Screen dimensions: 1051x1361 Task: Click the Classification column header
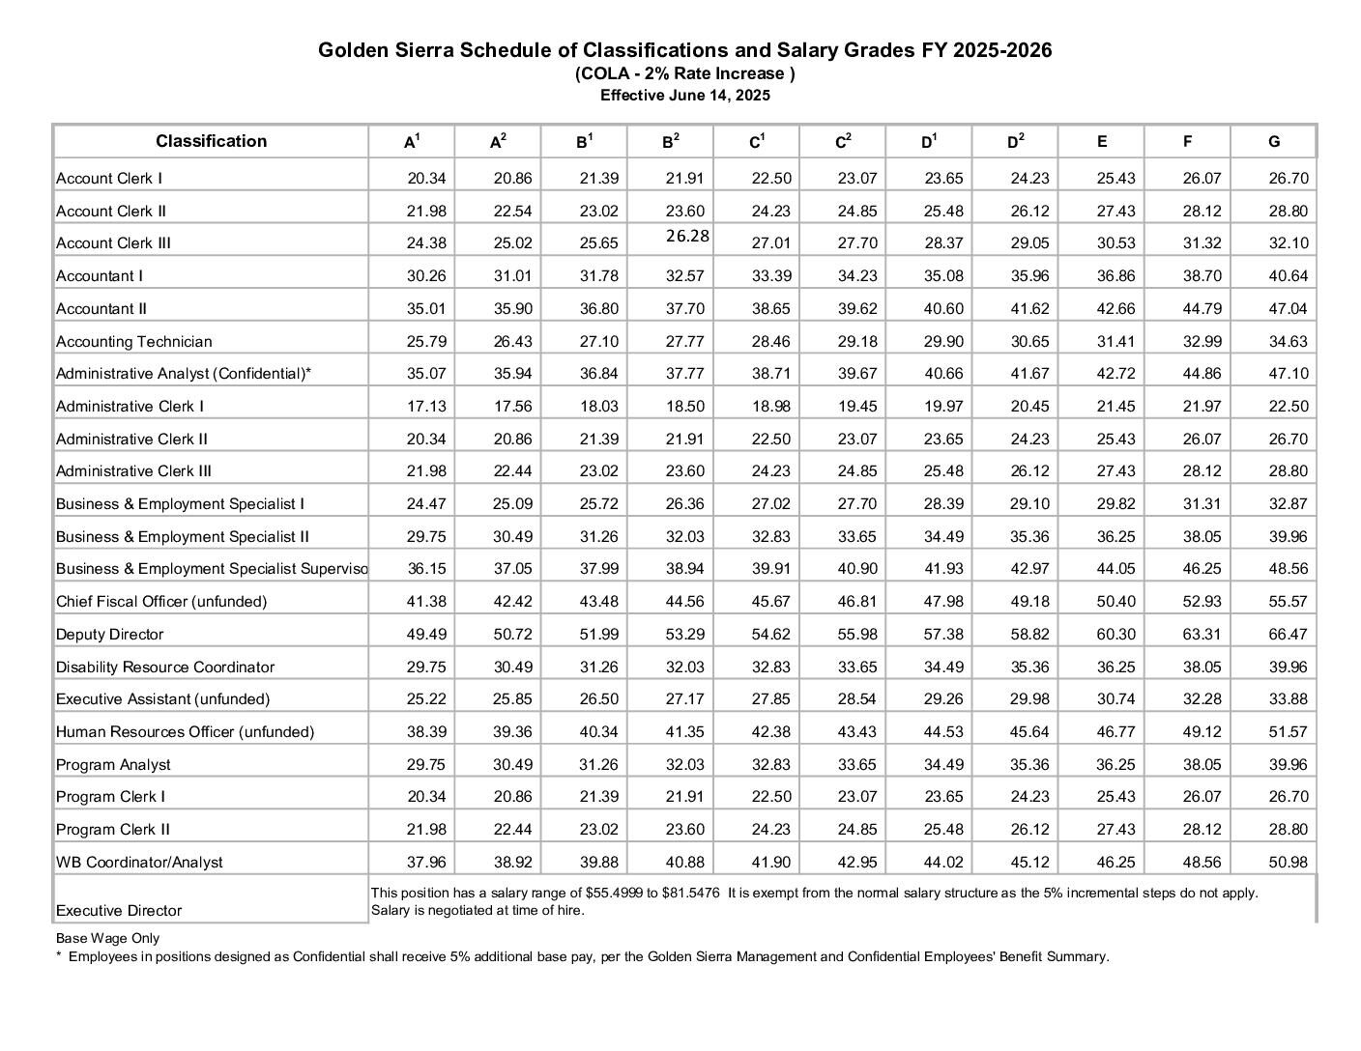pyautogui.click(x=211, y=141)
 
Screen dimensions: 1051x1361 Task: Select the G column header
pyautogui.click(x=1274, y=142)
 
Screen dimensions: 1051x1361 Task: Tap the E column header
pyautogui.click(x=1102, y=142)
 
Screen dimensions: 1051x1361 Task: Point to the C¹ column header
pyautogui.click(x=757, y=142)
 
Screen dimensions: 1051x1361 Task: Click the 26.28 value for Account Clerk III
pyautogui.click(x=687, y=236)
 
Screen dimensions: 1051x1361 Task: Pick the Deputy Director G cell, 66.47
pyautogui.click(x=1288, y=635)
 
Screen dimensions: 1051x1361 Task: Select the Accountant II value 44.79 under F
pyautogui.click(x=1202, y=309)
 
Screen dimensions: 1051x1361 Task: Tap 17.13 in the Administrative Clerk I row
pyautogui.click(x=426, y=407)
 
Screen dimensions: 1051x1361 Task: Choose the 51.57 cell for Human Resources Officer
pyautogui.click(x=1288, y=732)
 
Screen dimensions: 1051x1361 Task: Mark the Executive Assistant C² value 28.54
pyautogui.click(x=856, y=699)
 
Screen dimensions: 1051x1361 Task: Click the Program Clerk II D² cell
pyautogui.click(x=1029, y=830)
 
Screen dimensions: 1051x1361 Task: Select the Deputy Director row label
pyautogui.click(x=110, y=635)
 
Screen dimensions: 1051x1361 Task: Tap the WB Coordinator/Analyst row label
pyautogui.click(x=139, y=863)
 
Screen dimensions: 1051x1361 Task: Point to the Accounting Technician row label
pyautogui.click(x=133, y=342)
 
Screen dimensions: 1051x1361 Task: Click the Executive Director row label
pyautogui.click(x=119, y=911)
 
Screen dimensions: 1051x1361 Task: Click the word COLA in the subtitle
pyautogui.click(x=599, y=73)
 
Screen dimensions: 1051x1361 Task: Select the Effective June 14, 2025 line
pyautogui.click(x=684, y=96)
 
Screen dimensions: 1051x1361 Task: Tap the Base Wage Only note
pyautogui.click(x=107, y=938)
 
